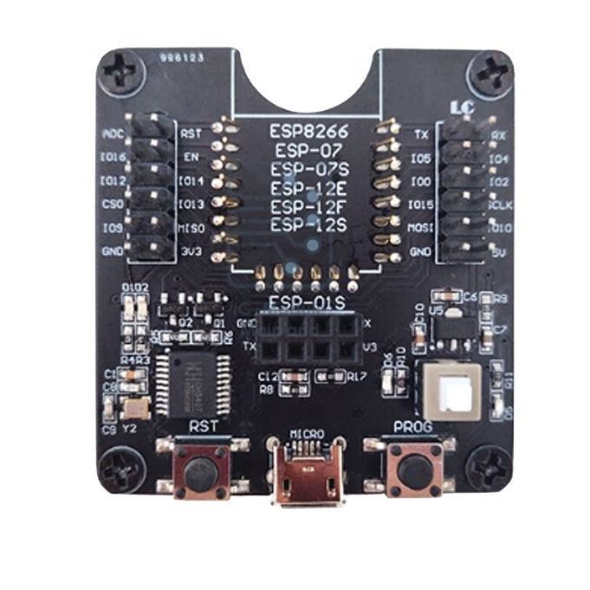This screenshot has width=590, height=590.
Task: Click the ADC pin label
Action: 113,134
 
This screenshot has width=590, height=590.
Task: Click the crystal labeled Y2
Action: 134,411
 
